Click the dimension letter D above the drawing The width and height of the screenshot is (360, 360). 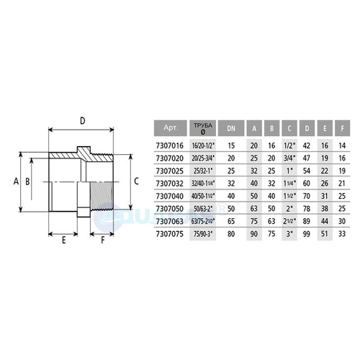click(82, 121)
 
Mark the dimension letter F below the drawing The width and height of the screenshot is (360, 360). click(102, 240)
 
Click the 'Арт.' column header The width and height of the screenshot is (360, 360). click(171, 127)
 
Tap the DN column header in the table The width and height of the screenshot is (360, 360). click(231, 127)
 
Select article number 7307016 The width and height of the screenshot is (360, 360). click(170, 145)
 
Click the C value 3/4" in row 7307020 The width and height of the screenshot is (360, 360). click(290, 158)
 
